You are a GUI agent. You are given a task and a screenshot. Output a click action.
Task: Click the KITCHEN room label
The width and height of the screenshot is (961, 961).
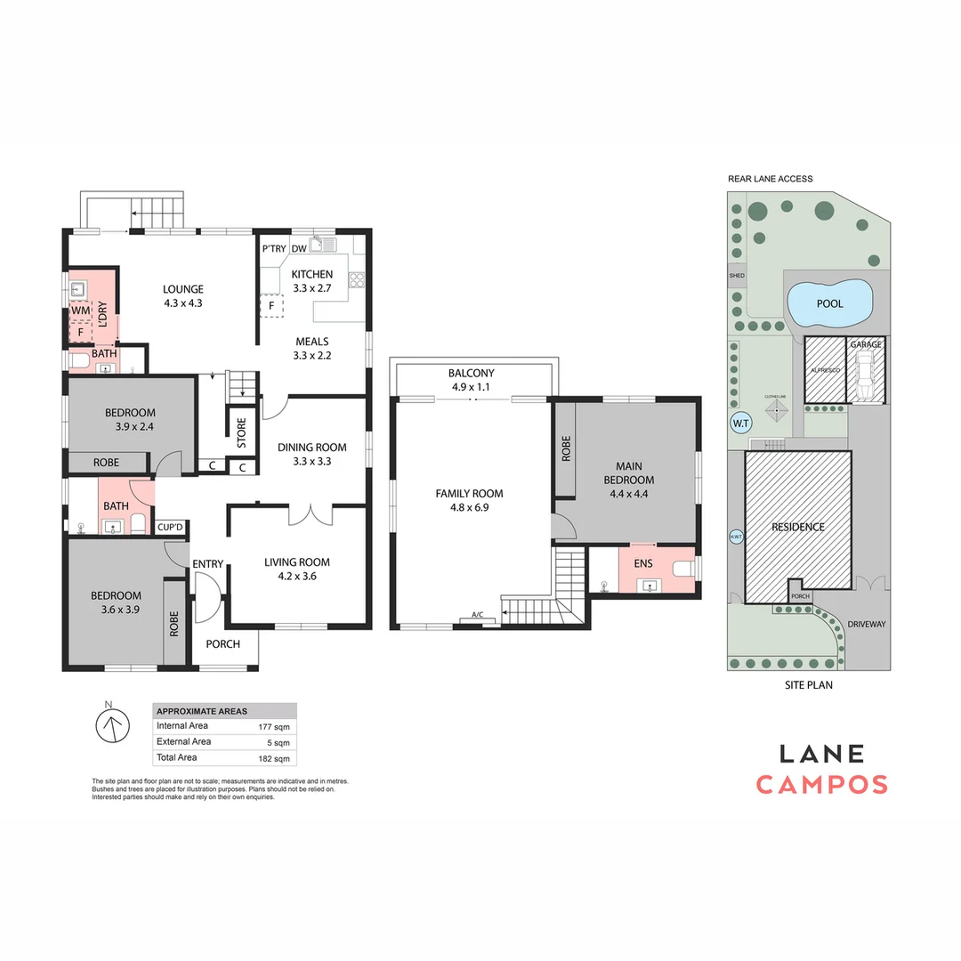311,274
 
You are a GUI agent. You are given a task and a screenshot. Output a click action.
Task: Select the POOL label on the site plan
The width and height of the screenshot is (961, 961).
829,303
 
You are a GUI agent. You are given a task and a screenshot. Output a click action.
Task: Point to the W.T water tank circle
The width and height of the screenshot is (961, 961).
741,424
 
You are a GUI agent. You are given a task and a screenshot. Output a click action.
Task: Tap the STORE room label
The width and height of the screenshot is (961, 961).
240,432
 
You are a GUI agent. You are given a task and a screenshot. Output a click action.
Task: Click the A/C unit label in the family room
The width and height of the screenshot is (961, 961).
478,615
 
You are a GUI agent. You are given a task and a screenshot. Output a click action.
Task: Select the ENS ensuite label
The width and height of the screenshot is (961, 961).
643,563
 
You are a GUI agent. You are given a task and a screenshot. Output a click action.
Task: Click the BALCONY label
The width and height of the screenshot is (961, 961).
471,374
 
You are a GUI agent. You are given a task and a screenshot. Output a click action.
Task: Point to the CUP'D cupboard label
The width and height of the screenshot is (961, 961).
170,528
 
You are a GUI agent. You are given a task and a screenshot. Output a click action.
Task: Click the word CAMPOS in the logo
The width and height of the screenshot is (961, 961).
821,784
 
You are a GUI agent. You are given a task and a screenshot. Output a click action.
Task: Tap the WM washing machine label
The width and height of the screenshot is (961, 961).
80,310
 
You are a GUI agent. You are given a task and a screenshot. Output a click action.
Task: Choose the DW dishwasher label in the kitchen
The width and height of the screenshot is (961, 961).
299,249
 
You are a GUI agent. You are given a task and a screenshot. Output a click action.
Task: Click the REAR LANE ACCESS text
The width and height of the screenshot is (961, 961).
770,179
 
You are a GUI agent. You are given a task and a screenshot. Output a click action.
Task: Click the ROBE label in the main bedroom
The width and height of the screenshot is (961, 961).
566,449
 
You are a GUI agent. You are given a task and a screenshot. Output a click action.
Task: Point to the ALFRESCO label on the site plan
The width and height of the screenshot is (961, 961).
825,368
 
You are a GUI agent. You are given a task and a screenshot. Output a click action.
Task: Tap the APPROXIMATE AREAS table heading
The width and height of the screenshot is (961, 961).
202,711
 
